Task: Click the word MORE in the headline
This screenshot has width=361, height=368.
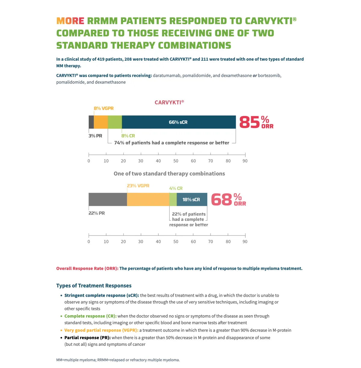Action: (70, 21)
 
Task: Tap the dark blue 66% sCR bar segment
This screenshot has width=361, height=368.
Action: (178, 122)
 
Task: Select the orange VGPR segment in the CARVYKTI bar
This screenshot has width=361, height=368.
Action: (101, 122)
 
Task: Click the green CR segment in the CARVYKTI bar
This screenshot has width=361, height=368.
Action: (115, 122)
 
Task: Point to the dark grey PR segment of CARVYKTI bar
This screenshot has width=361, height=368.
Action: (91, 122)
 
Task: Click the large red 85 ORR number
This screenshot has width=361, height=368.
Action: (250, 122)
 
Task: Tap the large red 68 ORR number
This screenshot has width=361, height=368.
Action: (222, 200)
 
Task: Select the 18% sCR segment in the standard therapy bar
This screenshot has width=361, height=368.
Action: (192, 199)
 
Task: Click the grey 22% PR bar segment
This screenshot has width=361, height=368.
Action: (108, 199)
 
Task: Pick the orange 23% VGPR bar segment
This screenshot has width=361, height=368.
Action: (148, 199)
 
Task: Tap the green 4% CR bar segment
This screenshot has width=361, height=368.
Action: (173, 199)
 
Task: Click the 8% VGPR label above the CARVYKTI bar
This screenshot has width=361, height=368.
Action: (103, 108)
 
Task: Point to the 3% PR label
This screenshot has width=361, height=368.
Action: (95, 136)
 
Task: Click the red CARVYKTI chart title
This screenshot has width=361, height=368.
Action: (169, 102)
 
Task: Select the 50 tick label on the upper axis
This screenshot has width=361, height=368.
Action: (176, 161)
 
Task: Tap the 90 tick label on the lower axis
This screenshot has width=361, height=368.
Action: (245, 242)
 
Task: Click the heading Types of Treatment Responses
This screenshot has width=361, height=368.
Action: (94, 286)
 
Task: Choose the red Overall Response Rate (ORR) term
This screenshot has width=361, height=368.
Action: (87, 269)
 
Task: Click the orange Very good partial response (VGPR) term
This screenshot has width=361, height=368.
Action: (101, 330)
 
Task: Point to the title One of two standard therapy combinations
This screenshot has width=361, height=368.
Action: (169, 174)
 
